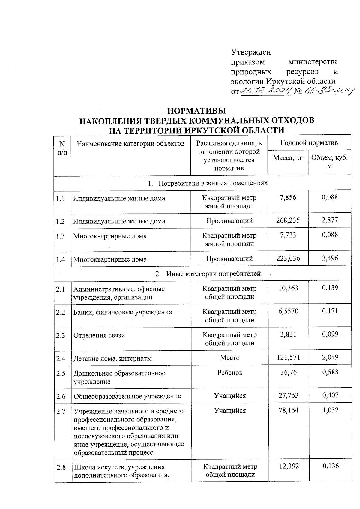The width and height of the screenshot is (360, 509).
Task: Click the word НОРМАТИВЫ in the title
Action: (x=196, y=111)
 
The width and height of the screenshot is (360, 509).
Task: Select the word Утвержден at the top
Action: (x=251, y=52)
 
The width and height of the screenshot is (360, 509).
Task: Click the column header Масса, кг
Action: (x=288, y=158)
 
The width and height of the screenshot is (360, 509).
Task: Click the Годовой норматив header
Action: (x=309, y=143)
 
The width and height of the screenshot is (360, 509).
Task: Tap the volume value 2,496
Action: (x=330, y=258)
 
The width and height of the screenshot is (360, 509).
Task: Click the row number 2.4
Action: (x=61, y=358)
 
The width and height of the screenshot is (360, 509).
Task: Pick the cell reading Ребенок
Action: (x=230, y=373)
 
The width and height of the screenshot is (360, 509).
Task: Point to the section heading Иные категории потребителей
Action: (x=213, y=274)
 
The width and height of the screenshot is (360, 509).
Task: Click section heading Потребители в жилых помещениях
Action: (x=213, y=183)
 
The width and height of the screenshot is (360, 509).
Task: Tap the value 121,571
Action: (x=288, y=357)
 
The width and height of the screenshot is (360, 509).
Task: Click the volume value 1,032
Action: (x=330, y=410)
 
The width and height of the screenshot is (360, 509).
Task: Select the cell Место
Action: (x=230, y=358)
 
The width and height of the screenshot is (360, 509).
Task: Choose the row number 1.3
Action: (x=60, y=236)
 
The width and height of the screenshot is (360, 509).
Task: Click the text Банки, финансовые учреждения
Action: (x=123, y=312)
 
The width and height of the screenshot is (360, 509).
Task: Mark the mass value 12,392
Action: (x=288, y=466)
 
